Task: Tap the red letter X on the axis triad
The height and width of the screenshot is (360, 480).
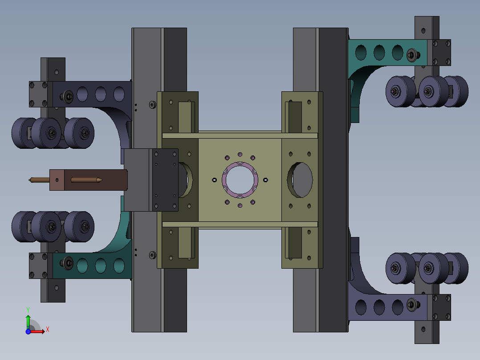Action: point(48,330)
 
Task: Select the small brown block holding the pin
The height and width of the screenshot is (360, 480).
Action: point(57,180)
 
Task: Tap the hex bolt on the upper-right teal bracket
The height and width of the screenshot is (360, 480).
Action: point(411,55)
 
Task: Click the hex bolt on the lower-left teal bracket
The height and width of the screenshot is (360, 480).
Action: point(68,263)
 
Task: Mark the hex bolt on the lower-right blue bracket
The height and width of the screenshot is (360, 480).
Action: point(411,305)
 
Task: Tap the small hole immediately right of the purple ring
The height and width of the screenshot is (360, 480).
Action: point(266,180)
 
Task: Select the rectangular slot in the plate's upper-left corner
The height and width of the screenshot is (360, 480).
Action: point(186,117)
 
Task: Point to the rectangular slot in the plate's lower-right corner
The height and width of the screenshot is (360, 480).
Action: point(294,243)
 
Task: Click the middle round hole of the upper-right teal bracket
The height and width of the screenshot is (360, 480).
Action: point(379,52)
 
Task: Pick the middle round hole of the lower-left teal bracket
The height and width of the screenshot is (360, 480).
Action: point(100,266)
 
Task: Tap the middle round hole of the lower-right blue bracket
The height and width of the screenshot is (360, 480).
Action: point(379,307)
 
